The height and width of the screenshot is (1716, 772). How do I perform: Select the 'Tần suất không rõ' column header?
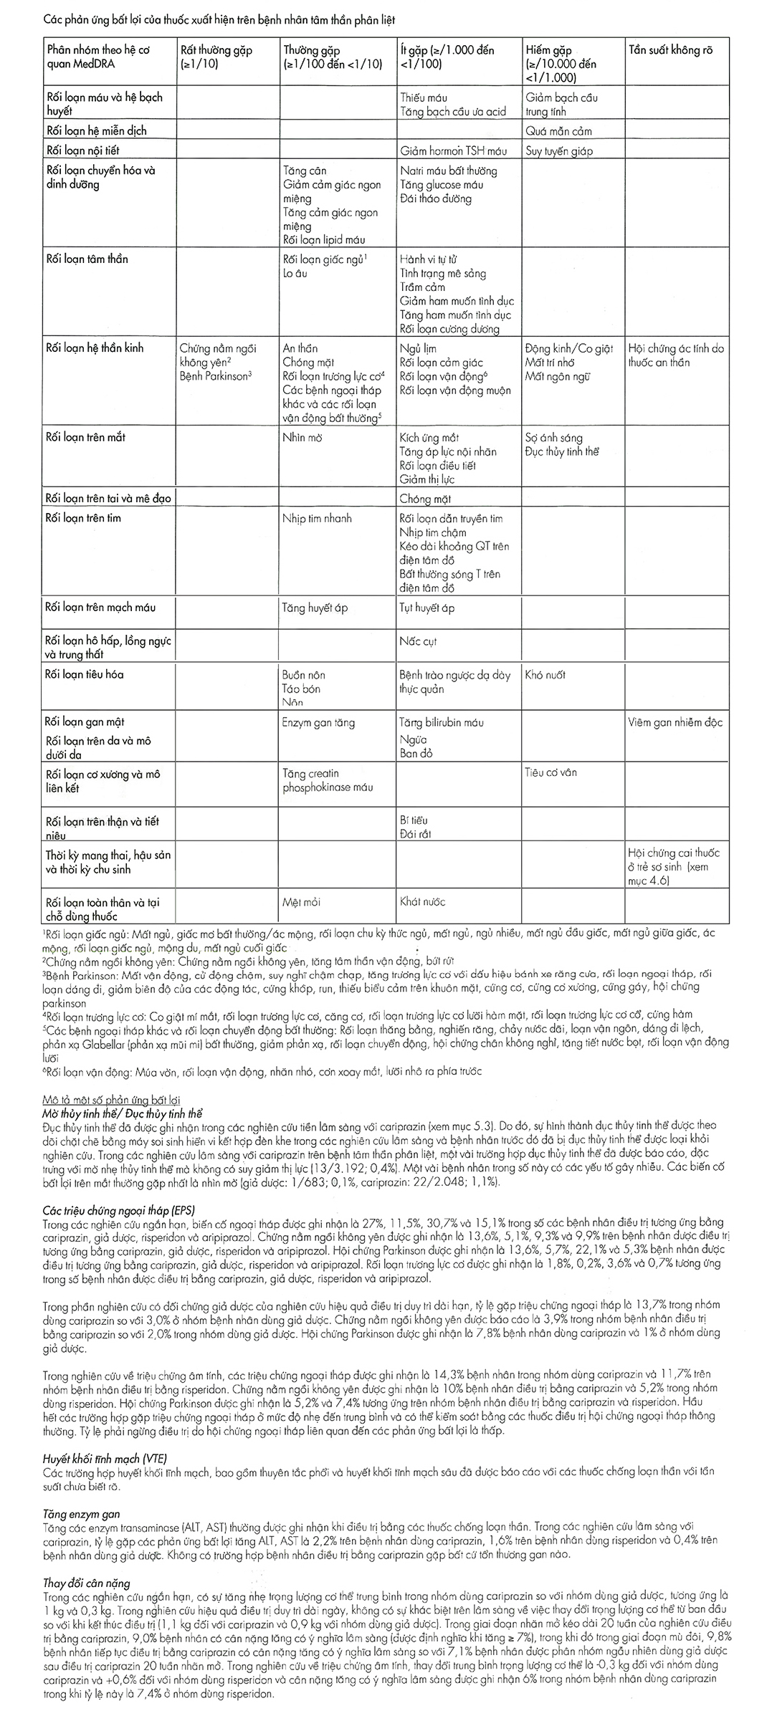(x=669, y=51)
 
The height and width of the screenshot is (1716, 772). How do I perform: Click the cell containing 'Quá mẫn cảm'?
(x=558, y=131)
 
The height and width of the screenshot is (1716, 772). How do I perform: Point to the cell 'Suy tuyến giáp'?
(x=559, y=151)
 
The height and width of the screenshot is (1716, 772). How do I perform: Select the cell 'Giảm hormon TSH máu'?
(x=453, y=151)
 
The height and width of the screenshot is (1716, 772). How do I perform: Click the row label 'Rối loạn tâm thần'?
(x=87, y=259)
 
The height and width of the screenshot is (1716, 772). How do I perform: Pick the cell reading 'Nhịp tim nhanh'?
(x=317, y=518)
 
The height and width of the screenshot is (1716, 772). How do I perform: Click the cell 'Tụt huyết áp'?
(x=426, y=608)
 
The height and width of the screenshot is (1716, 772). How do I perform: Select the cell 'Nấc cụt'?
(x=418, y=641)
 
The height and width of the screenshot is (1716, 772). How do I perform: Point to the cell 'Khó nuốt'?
(x=545, y=674)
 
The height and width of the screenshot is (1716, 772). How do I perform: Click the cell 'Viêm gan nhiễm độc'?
(x=675, y=722)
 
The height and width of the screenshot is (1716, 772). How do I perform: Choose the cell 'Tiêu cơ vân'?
(x=551, y=772)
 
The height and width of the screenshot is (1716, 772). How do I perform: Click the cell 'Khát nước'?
(x=422, y=902)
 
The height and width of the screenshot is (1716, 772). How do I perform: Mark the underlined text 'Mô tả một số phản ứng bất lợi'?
(x=111, y=1099)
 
